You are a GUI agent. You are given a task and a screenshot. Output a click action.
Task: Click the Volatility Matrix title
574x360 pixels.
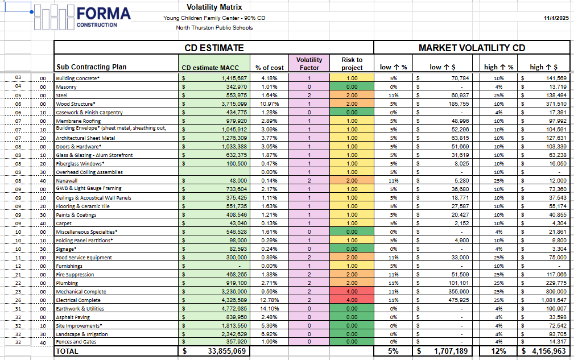pos(214,7)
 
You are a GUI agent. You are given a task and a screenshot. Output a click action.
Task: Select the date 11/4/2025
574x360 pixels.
pos(556,18)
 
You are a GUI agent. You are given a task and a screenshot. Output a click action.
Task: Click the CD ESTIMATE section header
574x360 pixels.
pos(214,48)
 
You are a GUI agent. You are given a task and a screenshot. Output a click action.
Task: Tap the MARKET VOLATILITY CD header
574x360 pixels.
pos(472,48)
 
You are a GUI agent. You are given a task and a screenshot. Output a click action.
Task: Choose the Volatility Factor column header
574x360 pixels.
pos(309,64)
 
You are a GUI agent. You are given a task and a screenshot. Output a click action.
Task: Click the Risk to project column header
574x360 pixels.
pos(352,64)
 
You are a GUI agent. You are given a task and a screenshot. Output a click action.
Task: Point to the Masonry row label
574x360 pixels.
pos(66,87)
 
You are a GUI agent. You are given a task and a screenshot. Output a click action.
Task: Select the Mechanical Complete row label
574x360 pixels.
pos(81,292)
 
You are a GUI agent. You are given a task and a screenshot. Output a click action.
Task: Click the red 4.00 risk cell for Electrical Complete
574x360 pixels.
pos(352,300)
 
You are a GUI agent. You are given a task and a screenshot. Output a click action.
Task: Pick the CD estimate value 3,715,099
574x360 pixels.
pos(234,104)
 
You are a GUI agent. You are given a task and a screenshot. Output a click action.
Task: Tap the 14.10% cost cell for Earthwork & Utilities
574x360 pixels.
pos(269,309)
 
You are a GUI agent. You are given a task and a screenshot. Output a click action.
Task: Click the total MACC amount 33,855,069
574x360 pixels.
pos(226,351)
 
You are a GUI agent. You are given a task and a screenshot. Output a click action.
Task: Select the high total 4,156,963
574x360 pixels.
pos(549,351)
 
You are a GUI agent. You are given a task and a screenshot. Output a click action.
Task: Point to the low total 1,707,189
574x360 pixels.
pos(451,351)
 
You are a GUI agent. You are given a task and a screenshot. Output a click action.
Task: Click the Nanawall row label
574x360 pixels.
pos(67,181)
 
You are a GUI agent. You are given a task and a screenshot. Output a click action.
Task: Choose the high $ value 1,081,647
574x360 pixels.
pos(554,300)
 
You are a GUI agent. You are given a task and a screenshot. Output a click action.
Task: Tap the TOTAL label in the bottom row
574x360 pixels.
pos(67,351)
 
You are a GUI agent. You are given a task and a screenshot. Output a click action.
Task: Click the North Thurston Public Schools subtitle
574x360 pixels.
pos(214,28)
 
